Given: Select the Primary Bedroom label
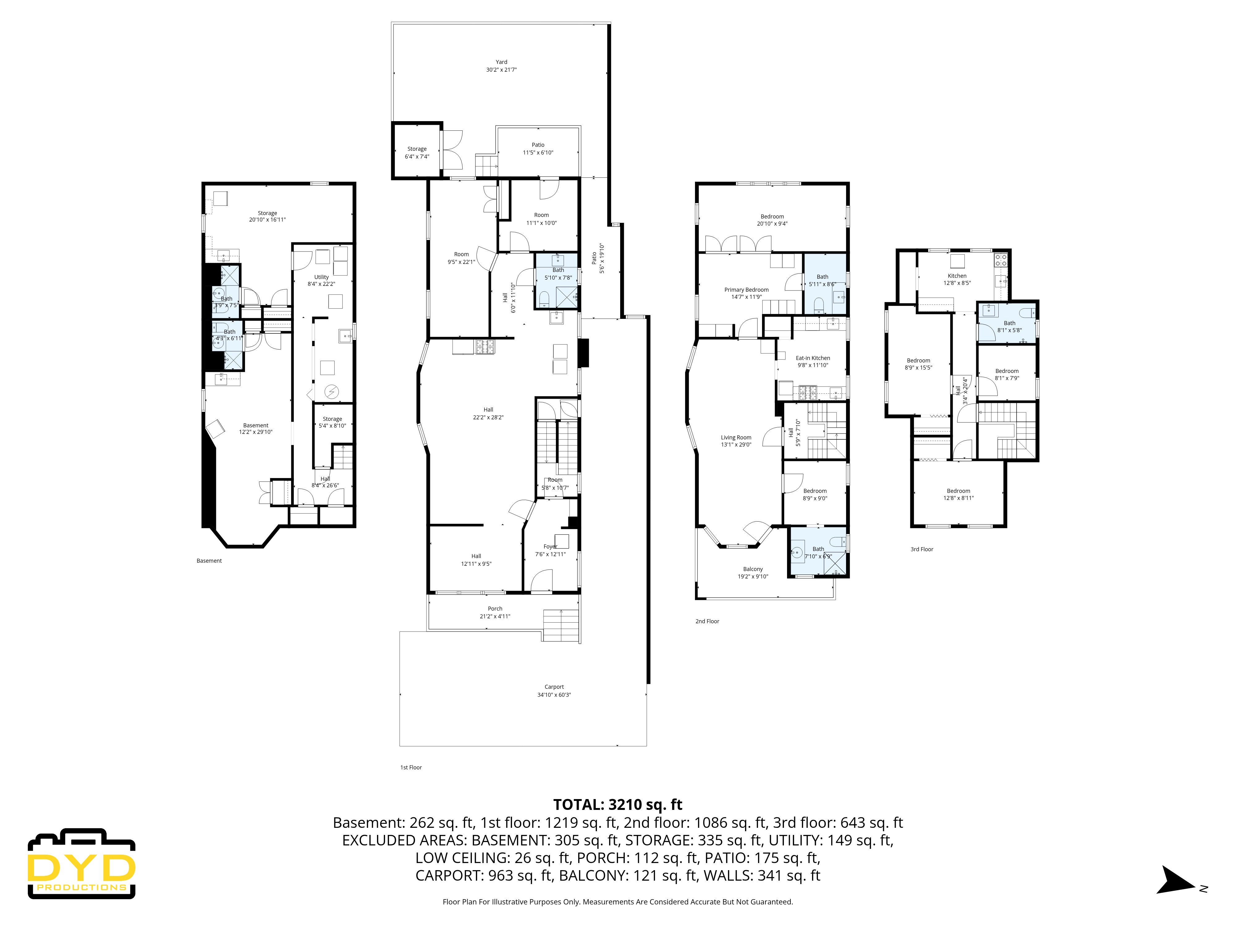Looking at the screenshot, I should [746, 290].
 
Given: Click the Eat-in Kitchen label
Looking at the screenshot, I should [812, 358].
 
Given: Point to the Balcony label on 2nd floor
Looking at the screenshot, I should [753, 569].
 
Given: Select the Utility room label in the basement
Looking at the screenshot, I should [321, 277].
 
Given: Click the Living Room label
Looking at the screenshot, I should [736, 438].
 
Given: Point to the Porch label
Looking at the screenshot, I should [494, 608].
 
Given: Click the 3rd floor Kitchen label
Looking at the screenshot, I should [957, 276].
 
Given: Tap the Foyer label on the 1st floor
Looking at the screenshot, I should [550, 547].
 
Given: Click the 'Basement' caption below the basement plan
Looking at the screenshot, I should [209, 561].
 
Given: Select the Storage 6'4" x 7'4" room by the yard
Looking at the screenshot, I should [417, 152].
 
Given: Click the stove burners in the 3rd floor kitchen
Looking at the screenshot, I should [1000, 260].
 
